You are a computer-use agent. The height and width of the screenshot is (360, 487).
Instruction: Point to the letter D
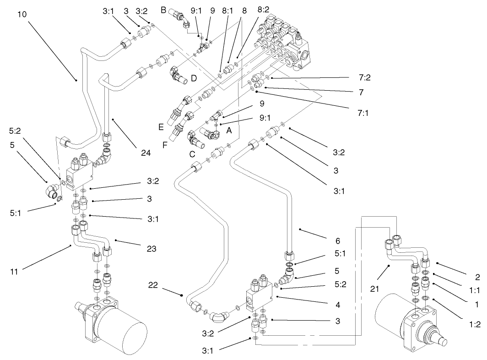(x=194, y=79)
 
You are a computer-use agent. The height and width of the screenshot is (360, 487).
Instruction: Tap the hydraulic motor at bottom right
(x=403, y=323)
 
